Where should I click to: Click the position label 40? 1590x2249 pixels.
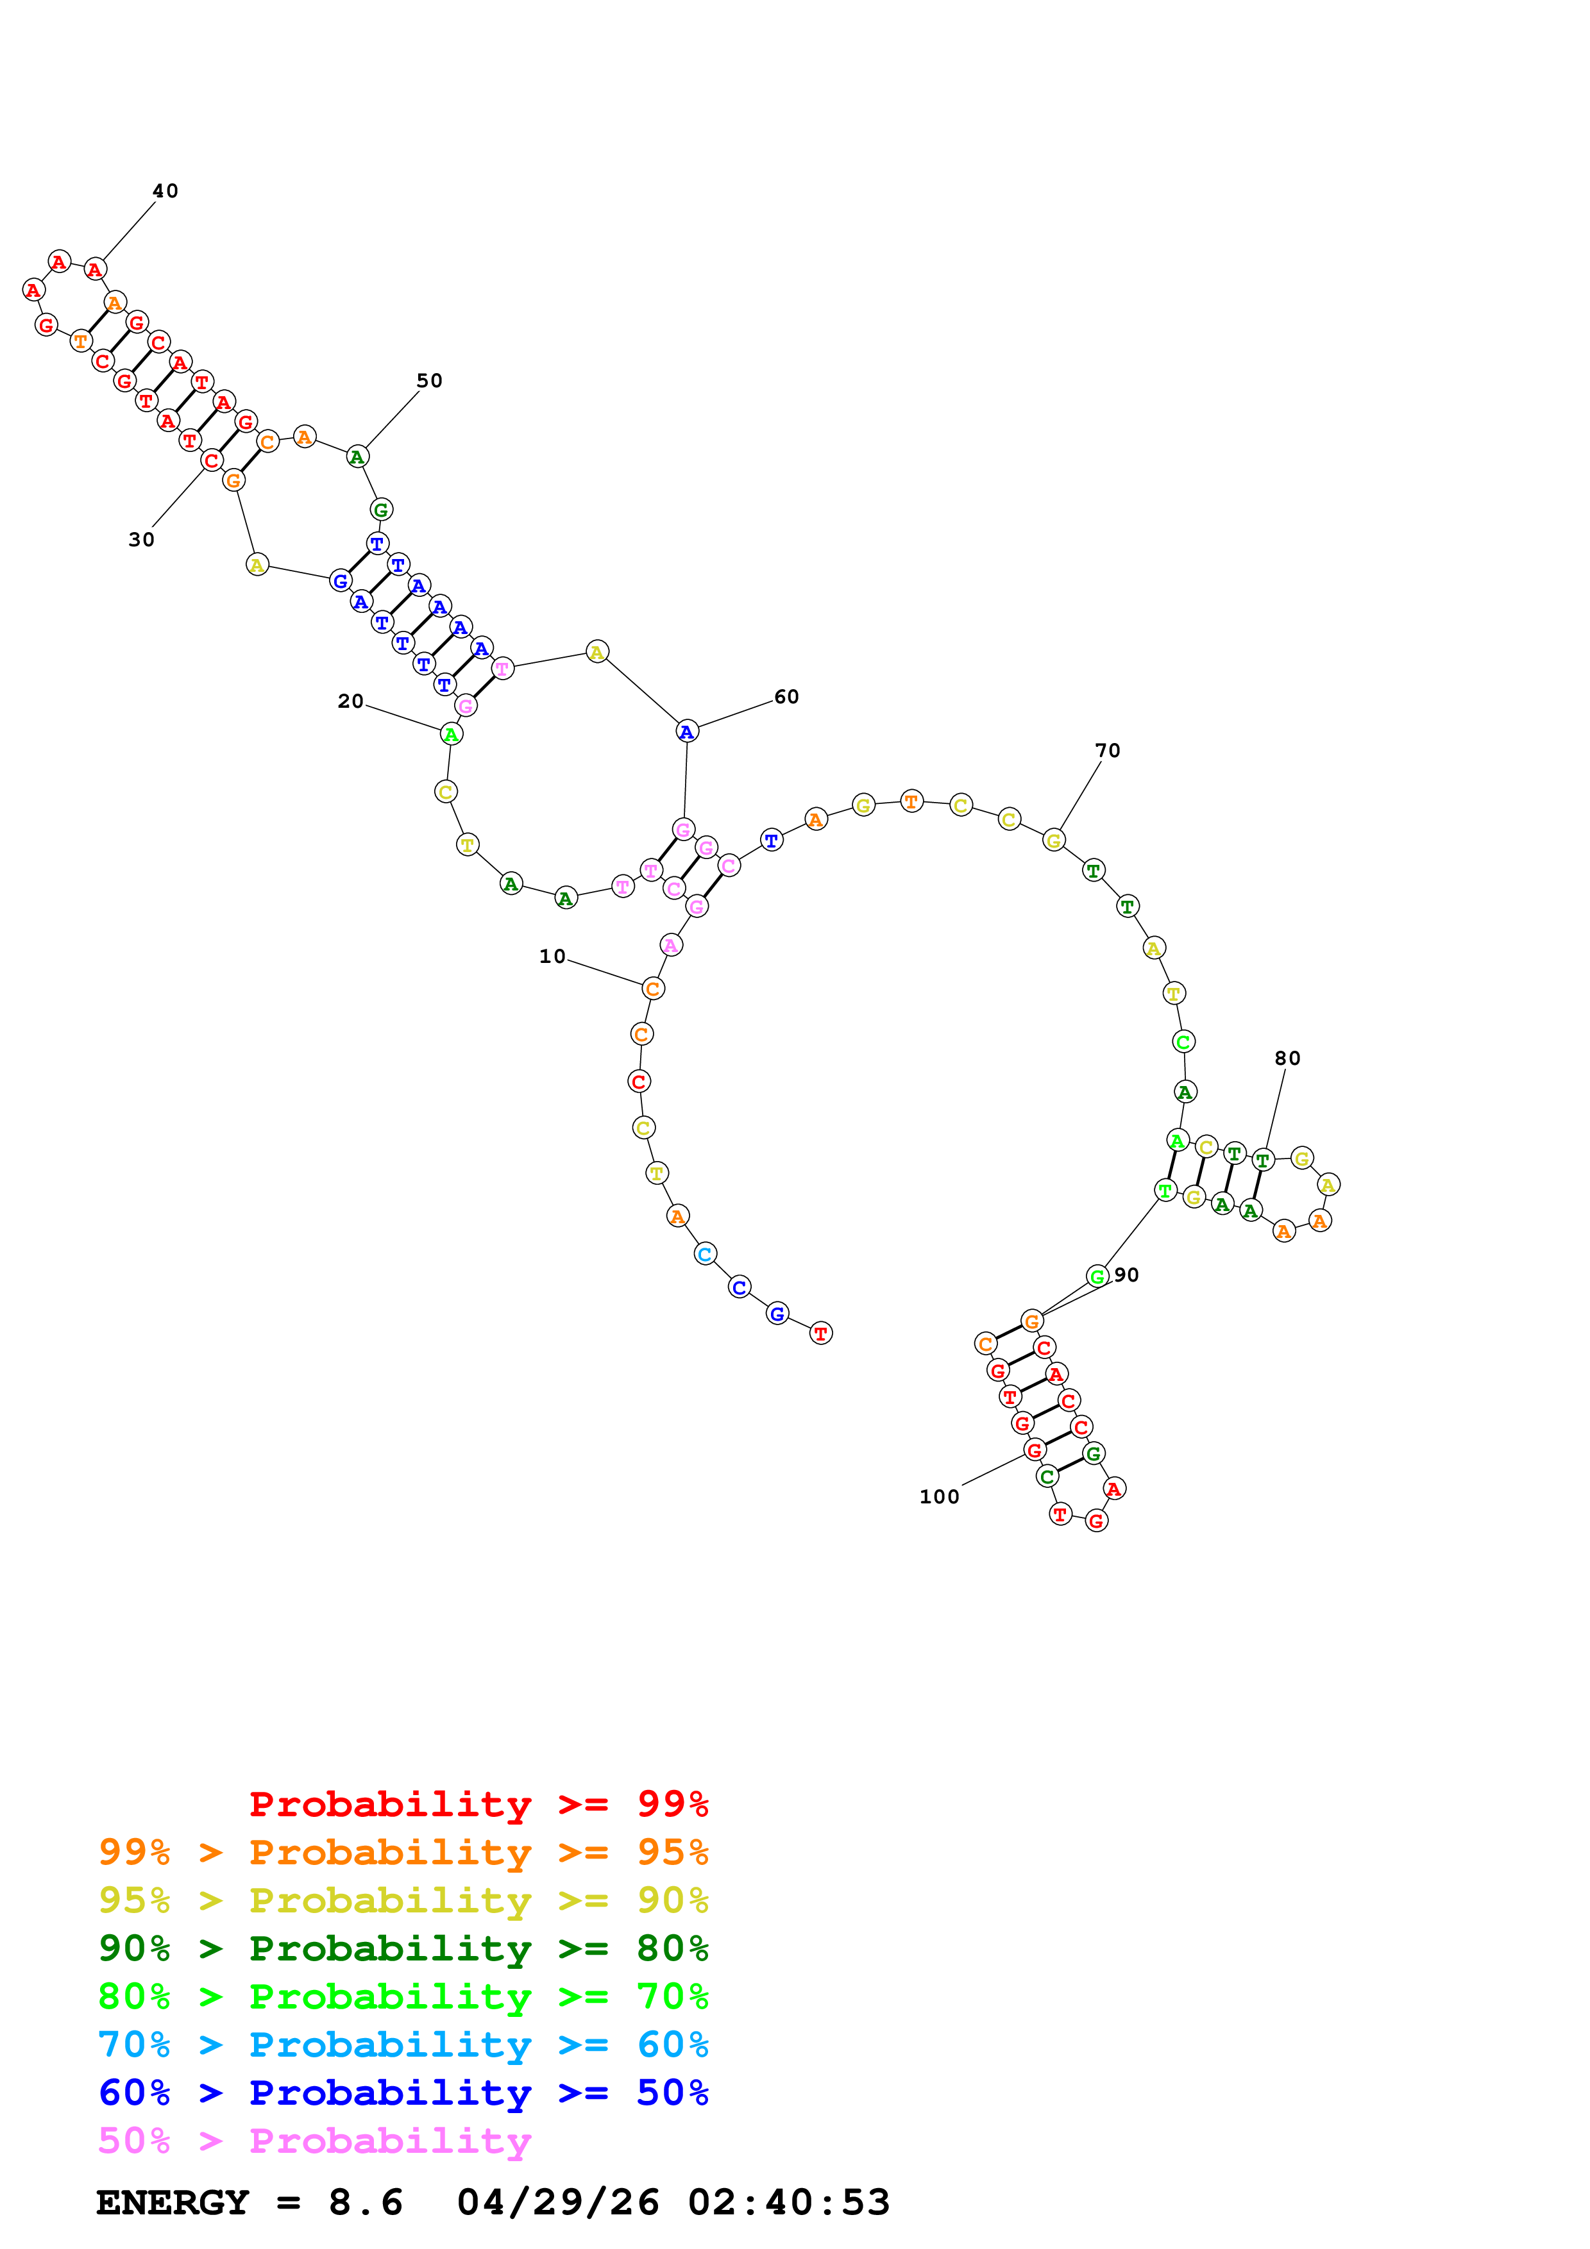pyautogui.click(x=165, y=191)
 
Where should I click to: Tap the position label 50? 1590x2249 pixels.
pyautogui.click(x=429, y=381)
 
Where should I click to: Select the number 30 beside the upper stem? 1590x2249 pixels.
pyautogui.click(x=141, y=540)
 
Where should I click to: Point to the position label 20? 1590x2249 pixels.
pyautogui.click(x=350, y=701)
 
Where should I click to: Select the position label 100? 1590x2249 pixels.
pyautogui.click(x=938, y=1498)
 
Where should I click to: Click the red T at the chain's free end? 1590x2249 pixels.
pyautogui.click(x=821, y=1333)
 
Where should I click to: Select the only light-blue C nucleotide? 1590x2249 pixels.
pyautogui.click(x=704, y=1254)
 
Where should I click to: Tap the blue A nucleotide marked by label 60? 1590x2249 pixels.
pyautogui.click(x=687, y=732)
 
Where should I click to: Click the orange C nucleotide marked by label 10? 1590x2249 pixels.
pyautogui.click(x=652, y=989)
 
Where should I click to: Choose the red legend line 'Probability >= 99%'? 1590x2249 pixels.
pyautogui.click(x=478, y=1804)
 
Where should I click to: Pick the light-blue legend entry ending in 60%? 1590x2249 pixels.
pyautogui.click(x=403, y=2045)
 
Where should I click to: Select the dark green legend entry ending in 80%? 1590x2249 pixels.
pyautogui.click(x=403, y=1949)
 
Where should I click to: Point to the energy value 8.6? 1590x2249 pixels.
pyautogui.click(x=366, y=2203)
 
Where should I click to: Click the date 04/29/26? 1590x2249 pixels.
pyautogui.click(x=557, y=2203)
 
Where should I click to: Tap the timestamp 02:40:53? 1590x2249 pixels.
pyautogui.click(x=789, y=2203)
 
